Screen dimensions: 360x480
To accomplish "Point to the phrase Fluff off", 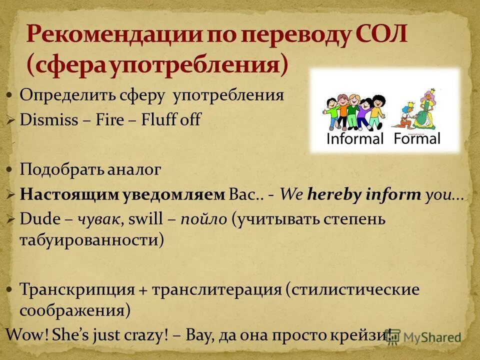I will point(171,120).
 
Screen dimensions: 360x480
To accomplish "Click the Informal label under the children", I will point(354,138).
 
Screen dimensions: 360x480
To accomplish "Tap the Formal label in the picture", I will point(417,138).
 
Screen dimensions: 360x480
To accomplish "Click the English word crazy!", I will point(144,334).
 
